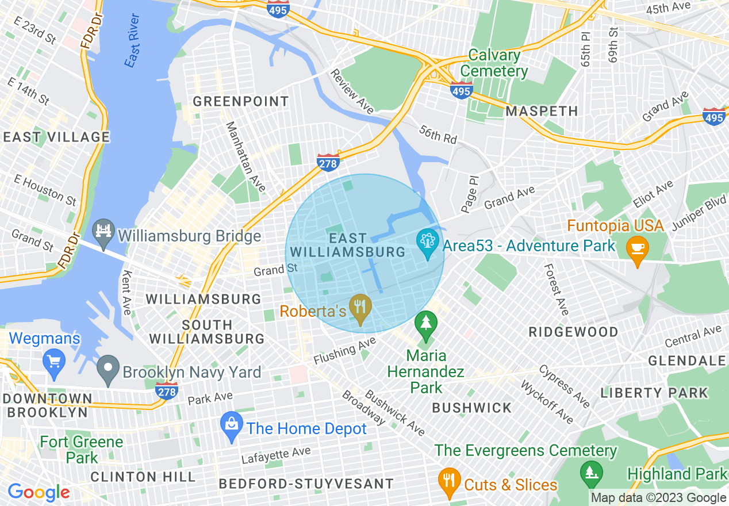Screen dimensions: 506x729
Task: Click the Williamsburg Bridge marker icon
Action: (x=104, y=233)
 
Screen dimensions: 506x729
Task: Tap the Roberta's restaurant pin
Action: (x=361, y=309)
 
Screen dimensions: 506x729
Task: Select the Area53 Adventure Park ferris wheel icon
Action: (x=427, y=244)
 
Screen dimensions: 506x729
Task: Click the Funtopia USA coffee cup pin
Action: (x=637, y=249)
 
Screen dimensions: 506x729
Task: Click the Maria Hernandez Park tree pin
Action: (x=425, y=324)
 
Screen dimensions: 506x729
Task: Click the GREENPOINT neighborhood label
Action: (x=241, y=102)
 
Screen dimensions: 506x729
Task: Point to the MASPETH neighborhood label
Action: (x=542, y=111)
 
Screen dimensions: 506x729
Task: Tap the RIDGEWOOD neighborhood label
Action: (x=573, y=332)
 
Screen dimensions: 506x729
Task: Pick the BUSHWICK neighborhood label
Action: (x=471, y=408)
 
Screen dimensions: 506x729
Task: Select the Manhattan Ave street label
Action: (x=245, y=156)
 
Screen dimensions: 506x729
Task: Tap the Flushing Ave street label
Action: (x=344, y=351)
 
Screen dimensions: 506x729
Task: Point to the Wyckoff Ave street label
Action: (x=547, y=401)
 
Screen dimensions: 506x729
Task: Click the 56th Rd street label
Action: (x=438, y=135)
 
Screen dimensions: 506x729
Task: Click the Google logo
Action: (x=39, y=492)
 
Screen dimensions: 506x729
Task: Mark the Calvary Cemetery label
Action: (x=494, y=63)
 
